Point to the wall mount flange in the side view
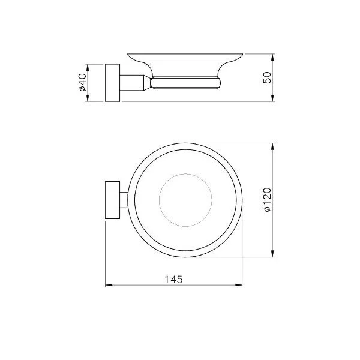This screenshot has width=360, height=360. tap(112, 82)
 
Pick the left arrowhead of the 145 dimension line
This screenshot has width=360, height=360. tap(108, 286)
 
